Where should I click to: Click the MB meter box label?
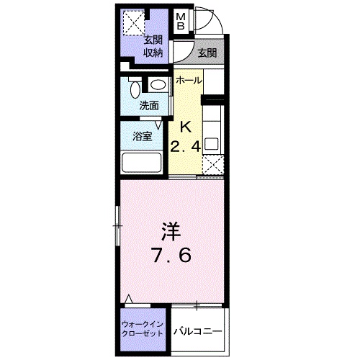(x=182, y=22)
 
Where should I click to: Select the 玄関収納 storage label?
(x=152, y=46)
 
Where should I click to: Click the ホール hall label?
(x=189, y=80)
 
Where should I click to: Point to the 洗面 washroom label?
(x=149, y=105)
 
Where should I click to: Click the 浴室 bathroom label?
(x=142, y=137)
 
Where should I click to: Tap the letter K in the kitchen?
(x=184, y=127)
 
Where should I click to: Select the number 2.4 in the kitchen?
(x=184, y=147)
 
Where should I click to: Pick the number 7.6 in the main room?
(x=171, y=256)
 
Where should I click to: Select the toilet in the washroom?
(x=135, y=89)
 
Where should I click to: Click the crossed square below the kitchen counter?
(x=213, y=166)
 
